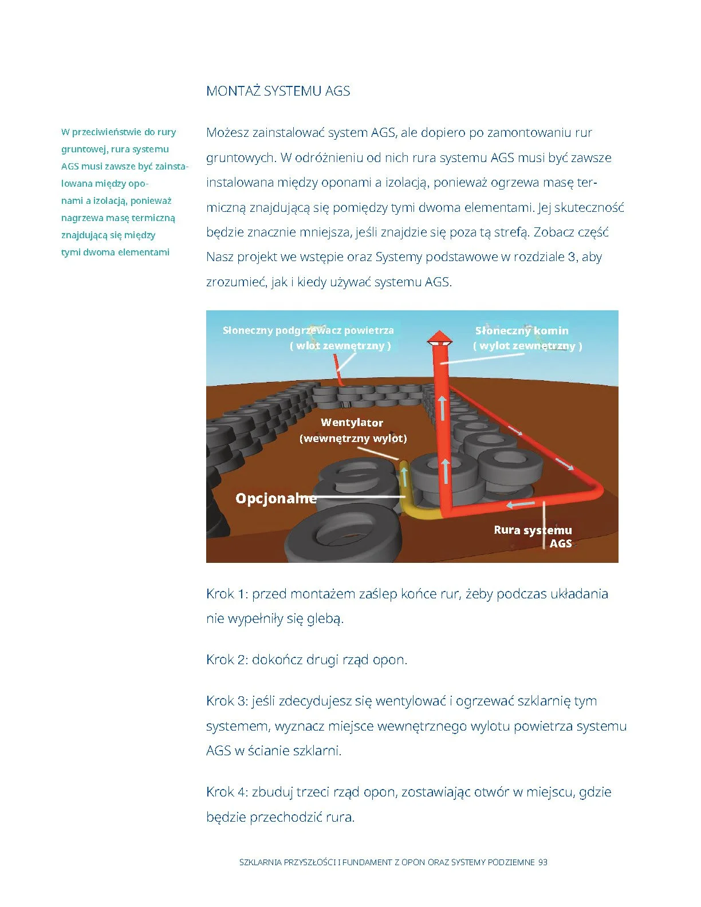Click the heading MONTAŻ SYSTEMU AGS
click(278, 91)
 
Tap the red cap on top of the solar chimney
click(440, 337)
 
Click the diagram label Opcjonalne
click(275, 498)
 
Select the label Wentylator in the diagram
click(352, 423)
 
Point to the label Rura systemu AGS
click(533, 537)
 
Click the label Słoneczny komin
click(522, 330)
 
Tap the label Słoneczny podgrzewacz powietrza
click(308, 330)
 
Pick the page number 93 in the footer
click(543, 862)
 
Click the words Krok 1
click(226, 594)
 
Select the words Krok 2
click(226, 660)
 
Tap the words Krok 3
click(226, 701)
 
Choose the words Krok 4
click(226, 792)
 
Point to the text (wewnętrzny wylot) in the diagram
click(353, 439)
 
